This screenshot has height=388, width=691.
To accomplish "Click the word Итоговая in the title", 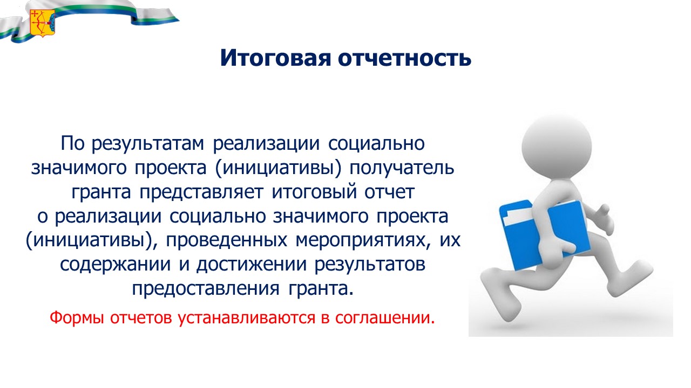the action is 276,58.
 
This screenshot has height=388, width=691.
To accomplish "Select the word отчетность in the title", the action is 404,58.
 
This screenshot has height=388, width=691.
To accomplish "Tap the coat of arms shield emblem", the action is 43,23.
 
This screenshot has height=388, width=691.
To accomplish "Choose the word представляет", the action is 201,192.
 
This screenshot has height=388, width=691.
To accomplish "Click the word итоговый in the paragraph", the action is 314,192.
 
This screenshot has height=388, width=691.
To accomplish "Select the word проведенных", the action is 227,240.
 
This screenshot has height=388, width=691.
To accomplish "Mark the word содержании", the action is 115,265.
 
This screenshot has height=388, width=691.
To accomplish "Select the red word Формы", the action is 77,318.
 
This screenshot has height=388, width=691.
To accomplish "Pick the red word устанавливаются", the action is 247,318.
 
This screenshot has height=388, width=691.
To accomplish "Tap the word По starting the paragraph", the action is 72,143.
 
